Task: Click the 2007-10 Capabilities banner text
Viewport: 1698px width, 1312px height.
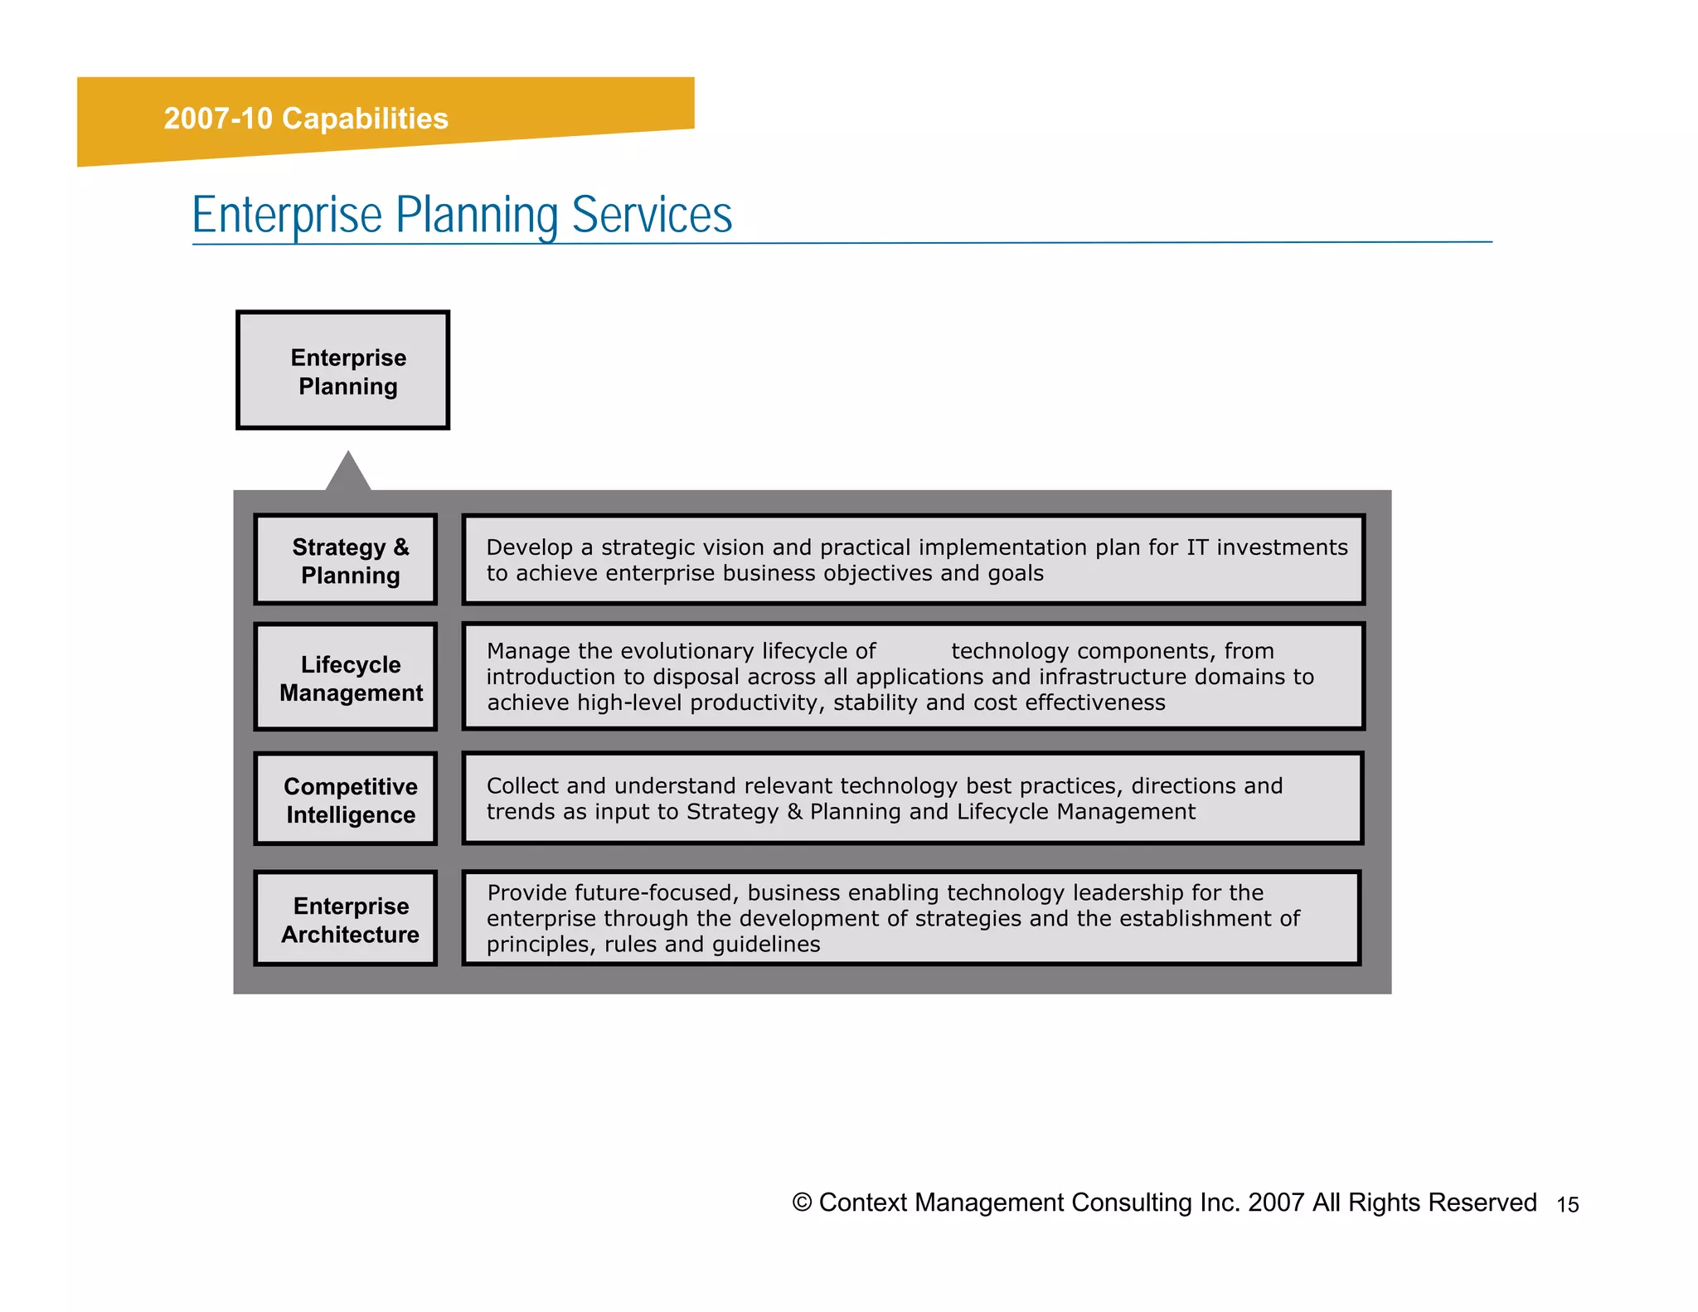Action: pos(305,119)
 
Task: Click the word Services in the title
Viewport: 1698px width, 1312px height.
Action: pos(652,215)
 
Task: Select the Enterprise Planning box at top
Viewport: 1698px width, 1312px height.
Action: pos(343,371)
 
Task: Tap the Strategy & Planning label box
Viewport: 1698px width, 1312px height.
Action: pos(346,560)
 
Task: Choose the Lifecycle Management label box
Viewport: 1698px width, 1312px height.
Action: pos(346,678)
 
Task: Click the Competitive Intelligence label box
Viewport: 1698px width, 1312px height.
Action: pos(346,799)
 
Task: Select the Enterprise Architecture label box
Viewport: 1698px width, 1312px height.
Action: pos(346,919)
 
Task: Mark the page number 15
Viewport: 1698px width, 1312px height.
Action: pos(1567,1205)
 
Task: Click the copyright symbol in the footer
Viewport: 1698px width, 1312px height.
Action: pos(802,1203)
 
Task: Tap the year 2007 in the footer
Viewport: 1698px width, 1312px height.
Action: pos(1276,1203)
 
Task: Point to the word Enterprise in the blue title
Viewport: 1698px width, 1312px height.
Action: pos(287,215)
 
